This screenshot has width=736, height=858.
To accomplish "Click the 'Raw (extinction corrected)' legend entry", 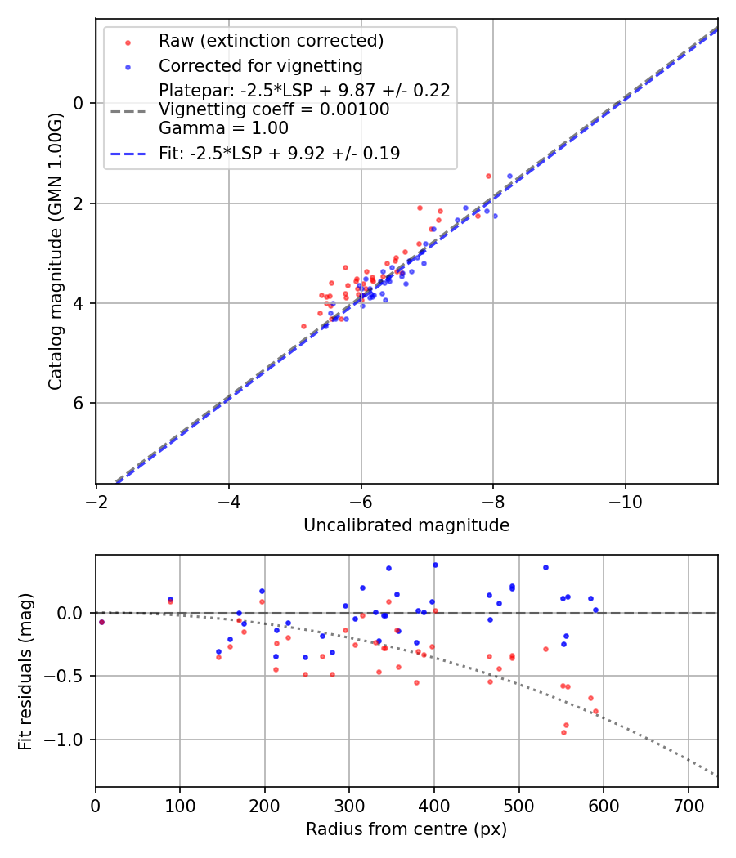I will (271, 41).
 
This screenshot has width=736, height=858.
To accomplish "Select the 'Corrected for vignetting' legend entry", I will (260, 65).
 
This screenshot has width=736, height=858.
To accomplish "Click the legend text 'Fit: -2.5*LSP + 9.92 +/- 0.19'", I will (279, 153).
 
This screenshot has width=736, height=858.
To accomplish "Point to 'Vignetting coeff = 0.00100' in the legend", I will (274, 109).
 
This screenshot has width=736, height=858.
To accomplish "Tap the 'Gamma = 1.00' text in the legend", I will (223, 128).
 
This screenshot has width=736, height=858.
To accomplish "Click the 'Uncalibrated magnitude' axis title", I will (406, 525).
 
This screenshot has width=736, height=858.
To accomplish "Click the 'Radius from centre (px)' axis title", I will (406, 829).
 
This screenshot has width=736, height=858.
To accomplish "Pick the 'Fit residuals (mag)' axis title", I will (25, 672).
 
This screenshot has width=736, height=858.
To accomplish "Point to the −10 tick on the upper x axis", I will (626, 500).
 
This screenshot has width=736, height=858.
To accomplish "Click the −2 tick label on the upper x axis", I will (96, 500).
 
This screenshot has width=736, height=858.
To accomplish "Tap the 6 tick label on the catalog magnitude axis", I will (79, 404).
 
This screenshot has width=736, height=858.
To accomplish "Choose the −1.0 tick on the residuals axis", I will (70, 740).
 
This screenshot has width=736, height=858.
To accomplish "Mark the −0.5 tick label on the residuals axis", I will (70, 677).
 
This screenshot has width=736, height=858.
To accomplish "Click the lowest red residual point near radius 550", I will (563, 732).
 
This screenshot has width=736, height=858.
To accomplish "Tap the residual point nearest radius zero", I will (101, 622).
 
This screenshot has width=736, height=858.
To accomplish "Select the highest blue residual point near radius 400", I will (435, 565).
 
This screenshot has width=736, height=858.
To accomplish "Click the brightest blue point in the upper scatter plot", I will (509, 176).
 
